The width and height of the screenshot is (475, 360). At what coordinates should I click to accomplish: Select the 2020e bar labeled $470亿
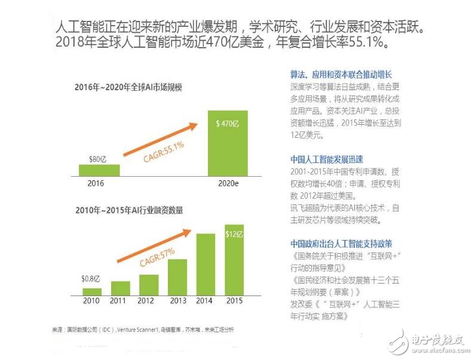coord(227,143)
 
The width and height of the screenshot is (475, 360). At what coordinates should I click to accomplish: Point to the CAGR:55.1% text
coord(163,152)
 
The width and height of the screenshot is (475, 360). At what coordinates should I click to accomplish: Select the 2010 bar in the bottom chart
coord(91,292)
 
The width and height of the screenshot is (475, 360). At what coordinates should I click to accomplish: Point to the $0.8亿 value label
coord(91,279)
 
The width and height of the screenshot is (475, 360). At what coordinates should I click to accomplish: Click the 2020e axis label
coord(228,183)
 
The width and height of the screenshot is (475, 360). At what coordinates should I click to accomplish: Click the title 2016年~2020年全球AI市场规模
coord(128,88)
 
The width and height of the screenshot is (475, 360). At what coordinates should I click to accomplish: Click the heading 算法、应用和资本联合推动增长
coord(341,74)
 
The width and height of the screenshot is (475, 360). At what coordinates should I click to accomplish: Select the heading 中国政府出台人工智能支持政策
coord(341,244)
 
